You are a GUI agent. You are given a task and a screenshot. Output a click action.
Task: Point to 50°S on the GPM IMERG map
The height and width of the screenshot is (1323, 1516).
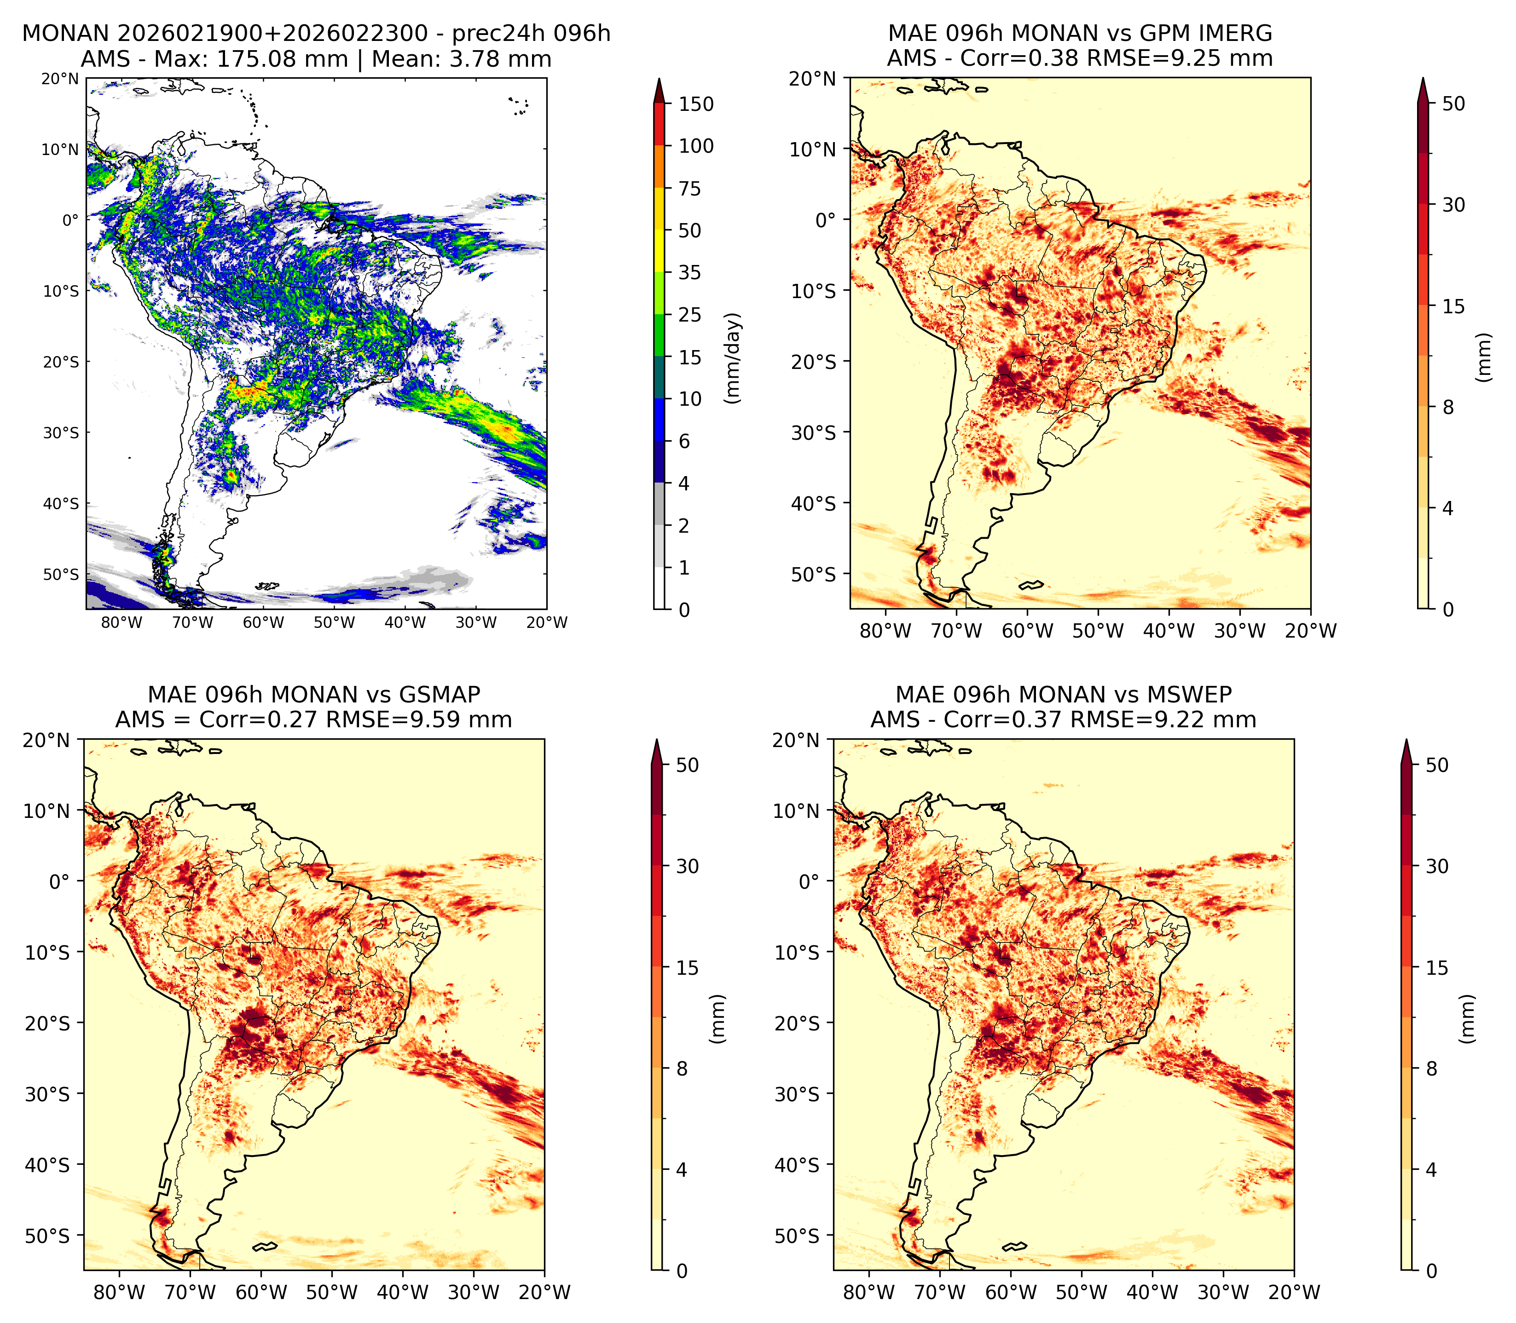click(x=814, y=575)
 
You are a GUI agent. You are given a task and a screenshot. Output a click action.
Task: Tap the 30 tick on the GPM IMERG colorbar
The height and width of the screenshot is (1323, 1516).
click(x=1453, y=205)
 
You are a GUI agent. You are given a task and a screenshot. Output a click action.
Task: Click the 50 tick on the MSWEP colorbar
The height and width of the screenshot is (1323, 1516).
click(x=1437, y=765)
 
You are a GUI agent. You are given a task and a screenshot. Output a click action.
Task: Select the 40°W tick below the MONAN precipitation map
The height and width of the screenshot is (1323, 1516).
click(x=405, y=622)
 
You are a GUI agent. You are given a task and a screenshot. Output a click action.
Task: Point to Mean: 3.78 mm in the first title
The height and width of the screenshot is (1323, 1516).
click(x=462, y=59)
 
